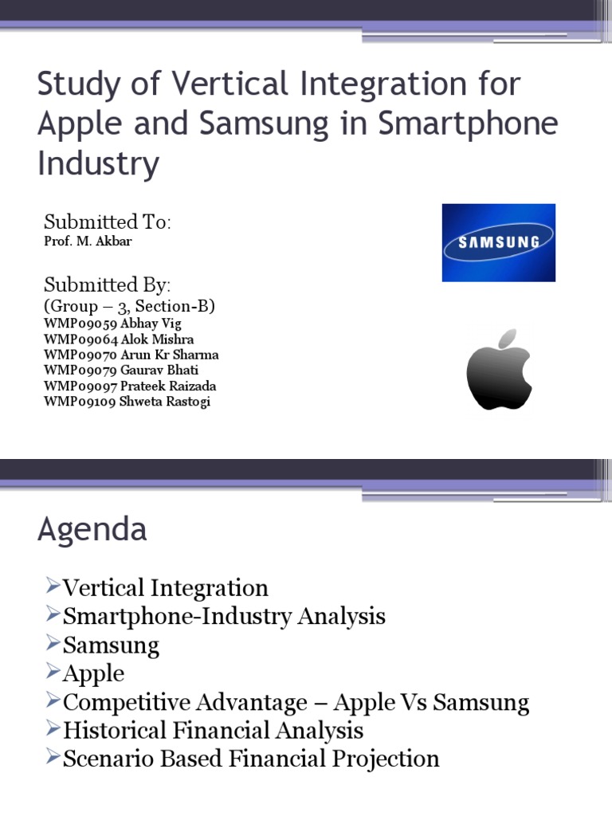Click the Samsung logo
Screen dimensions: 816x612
point(499,242)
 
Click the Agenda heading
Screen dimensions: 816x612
point(92,530)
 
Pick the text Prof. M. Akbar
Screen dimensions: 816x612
point(88,241)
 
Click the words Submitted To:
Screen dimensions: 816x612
point(108,222)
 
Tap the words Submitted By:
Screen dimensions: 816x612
point(108,284)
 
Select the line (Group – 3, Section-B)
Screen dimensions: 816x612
point(129,306)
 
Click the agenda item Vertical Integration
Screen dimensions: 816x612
point(165,588)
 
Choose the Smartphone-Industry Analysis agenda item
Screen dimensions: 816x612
point(224,616)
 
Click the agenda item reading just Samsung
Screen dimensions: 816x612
point(111,645)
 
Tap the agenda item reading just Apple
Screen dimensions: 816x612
point(93,673)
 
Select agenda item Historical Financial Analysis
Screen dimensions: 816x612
point(213,730)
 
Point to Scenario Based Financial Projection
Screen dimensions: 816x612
point(251,758)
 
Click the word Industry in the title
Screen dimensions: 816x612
point(98,163)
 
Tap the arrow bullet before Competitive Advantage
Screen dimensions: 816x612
point(53,701)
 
